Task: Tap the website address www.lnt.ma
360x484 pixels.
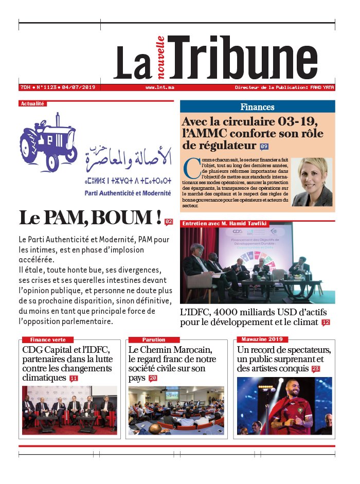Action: pos(159,87)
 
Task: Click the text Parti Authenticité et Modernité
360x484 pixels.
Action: pos(128,193)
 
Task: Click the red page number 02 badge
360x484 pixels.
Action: pos(169,222)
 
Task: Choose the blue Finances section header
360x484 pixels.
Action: pos(257,107)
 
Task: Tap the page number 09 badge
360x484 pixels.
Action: pos(264,147)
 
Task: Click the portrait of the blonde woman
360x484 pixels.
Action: pos(312,182)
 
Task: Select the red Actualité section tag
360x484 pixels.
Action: pos(32,103)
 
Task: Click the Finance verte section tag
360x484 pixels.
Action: pos(47,339)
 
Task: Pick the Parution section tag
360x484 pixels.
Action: pos(154,339)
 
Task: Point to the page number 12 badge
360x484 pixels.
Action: pos(326,322)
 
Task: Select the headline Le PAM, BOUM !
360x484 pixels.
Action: pos(90,218)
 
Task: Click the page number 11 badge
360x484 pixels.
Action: pos(74,379)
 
